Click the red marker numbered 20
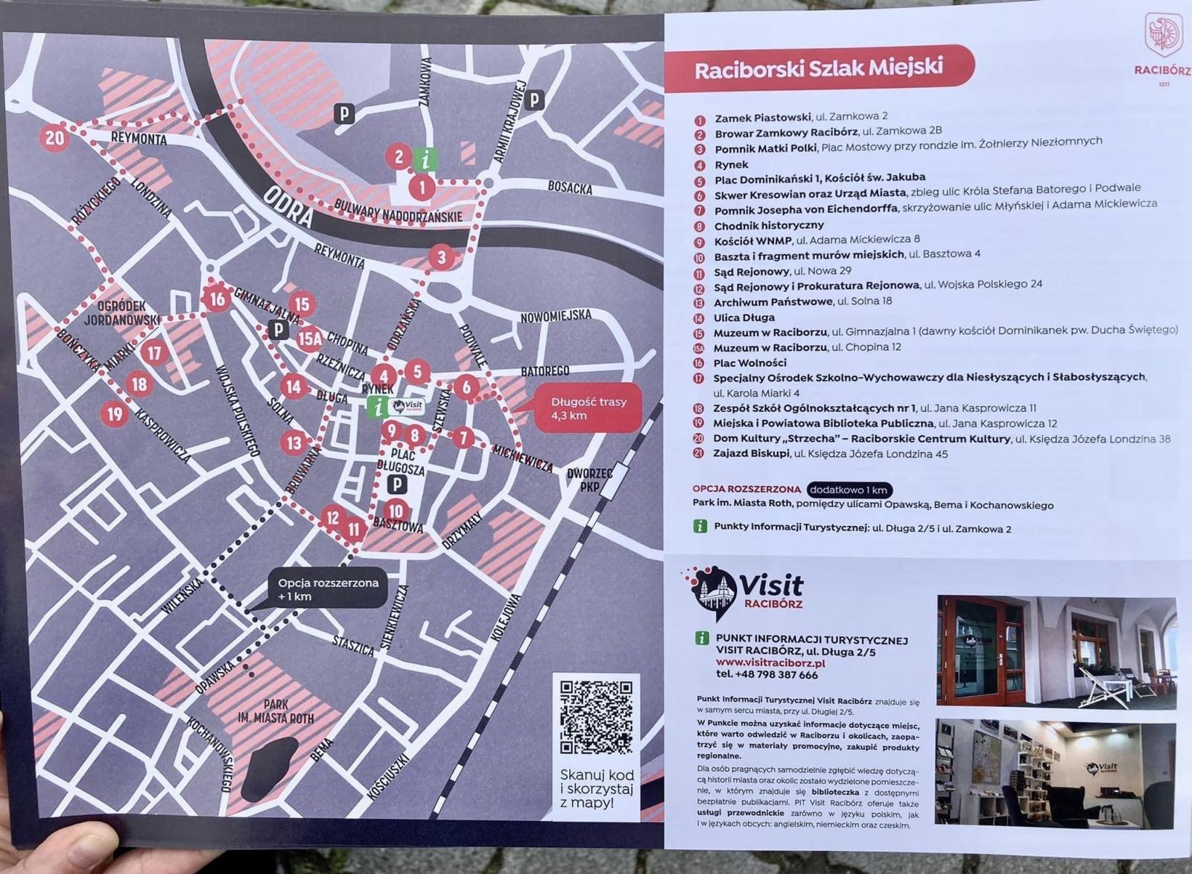pos(54,138)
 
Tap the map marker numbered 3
pos(441,258)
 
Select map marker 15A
pos(310,338)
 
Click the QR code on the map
pos(596,716)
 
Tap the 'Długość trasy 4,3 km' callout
pos(588,408)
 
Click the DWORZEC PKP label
pos(589,480)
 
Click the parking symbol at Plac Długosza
pos(399,485)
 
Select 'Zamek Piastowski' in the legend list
pos(762,118)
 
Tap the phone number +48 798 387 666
pos(767,675)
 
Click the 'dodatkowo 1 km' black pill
pos(849,490)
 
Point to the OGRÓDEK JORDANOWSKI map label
pos(123,313)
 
